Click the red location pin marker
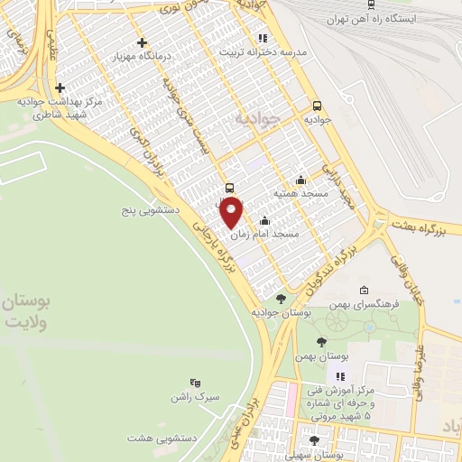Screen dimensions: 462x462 click(x=232, y=213)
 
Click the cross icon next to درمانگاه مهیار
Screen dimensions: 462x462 click(x=141, y=42)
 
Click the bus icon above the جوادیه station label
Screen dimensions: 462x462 click(x=316, y=105)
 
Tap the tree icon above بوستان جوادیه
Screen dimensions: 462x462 click(x=281, y=299)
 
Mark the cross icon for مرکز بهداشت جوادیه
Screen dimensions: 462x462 click(x=60, y=88)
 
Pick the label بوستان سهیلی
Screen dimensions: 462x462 click(x=313, y=455)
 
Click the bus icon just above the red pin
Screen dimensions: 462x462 click(x=229, y=189)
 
